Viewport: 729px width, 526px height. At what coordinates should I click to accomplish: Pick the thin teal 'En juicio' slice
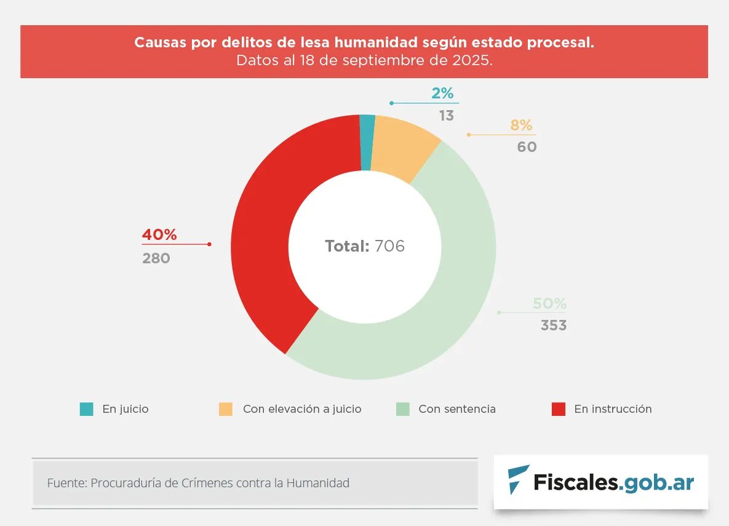[x=367, y=141]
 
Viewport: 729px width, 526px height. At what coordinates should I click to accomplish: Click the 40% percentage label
[x=159, y=235]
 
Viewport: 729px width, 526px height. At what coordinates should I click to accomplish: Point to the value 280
[x=156, y=258]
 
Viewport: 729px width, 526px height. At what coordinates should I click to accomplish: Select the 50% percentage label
[x=549, y=304]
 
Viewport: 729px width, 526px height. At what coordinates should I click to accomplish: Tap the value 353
[x=554, y=325]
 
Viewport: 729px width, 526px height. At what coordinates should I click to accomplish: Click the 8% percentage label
[x=521, y=126]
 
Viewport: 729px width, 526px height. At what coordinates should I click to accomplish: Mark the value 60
[x=527, y=148]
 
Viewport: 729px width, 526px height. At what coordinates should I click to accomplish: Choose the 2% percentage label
[x=442, y=94]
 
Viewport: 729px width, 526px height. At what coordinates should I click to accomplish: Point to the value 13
[x=447, y=116]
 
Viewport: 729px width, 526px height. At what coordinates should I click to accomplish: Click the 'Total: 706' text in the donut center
[x=365, y=246]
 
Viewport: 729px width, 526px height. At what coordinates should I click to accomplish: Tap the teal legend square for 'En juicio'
[x=87, y=409]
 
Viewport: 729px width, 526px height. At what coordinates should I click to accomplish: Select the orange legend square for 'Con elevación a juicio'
[x=226, y=409]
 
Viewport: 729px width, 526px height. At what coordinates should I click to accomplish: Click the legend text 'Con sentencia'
[x=457, y=409]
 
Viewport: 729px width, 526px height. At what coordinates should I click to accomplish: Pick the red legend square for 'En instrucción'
[x=558, y=409]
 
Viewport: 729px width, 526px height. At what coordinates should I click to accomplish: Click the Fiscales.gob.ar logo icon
[x=518, y=480]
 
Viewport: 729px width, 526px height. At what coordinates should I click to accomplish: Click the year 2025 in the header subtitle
[x=474, y=61]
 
